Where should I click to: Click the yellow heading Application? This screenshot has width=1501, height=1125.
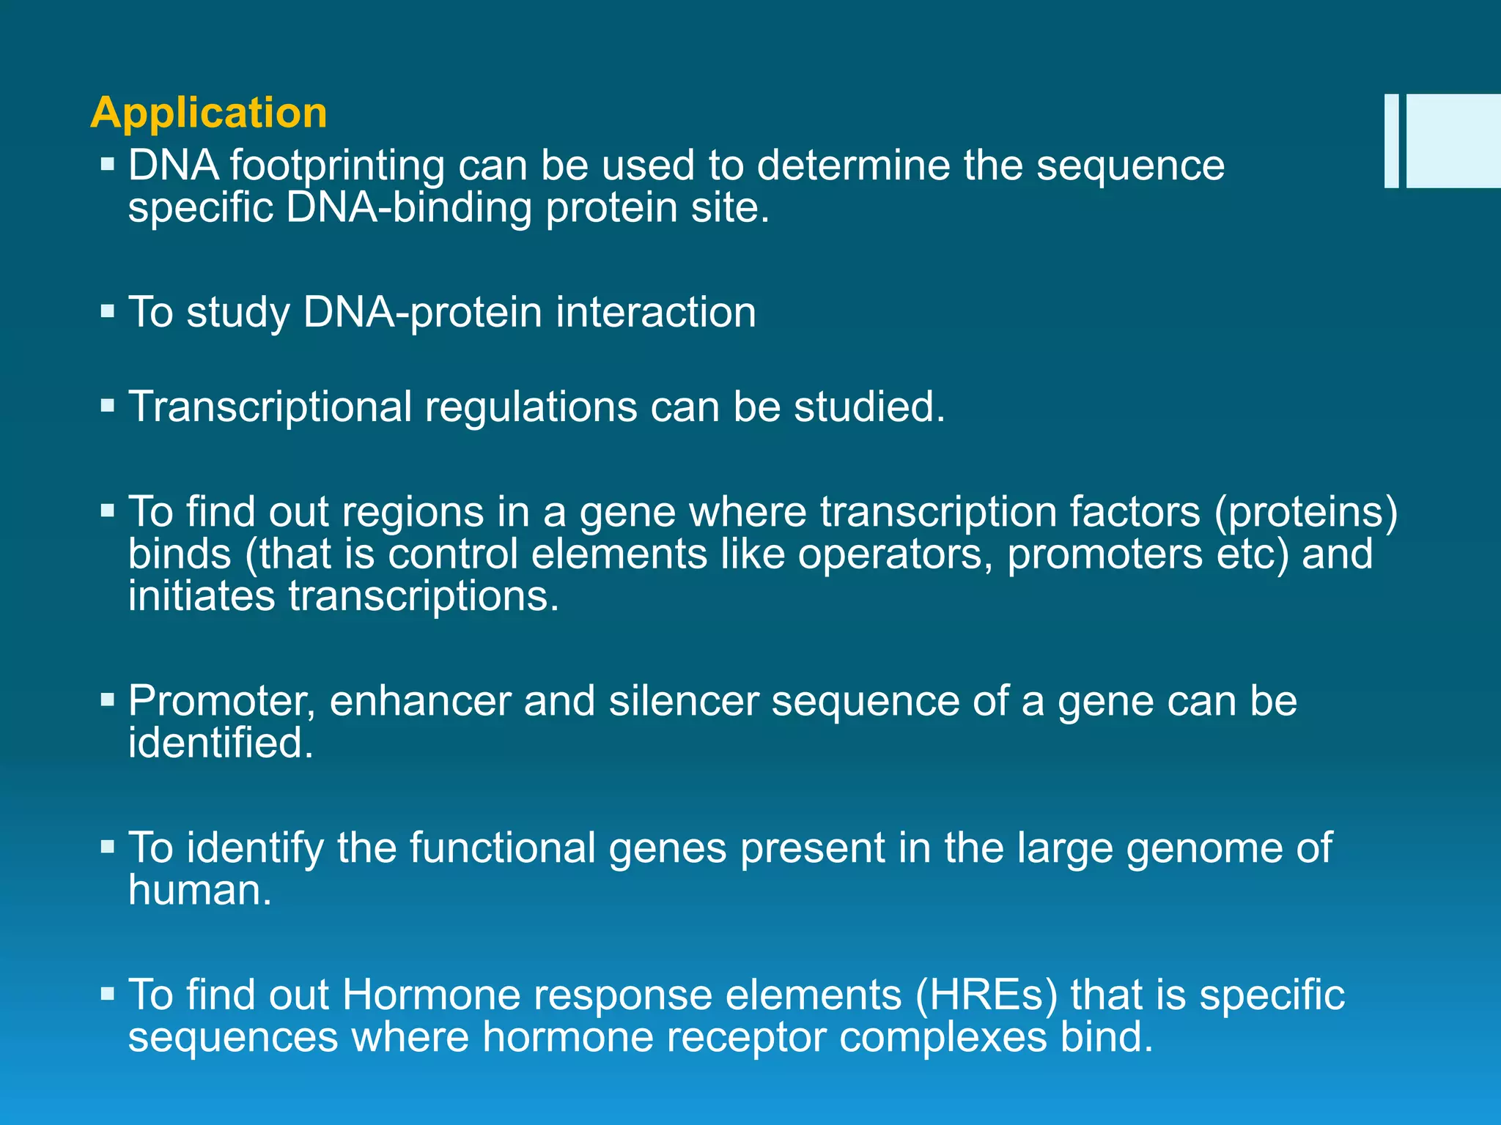coord(209,114)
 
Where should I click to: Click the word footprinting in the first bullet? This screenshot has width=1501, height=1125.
coord(337,166)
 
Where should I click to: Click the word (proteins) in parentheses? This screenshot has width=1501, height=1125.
coord(1306,512)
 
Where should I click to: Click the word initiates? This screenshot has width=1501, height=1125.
coord(202,596)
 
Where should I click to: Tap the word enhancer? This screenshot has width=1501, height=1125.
coord(420,702)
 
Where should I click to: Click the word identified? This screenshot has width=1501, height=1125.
coord(221,743)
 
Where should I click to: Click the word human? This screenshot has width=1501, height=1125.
coord(199,891)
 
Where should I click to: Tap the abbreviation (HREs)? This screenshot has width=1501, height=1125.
coord(986,995)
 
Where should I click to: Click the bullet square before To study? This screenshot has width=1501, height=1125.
coord(108,311)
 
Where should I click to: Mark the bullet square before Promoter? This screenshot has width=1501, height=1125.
coord(108,700)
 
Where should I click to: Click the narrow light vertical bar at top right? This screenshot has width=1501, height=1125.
coord(1391,141)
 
